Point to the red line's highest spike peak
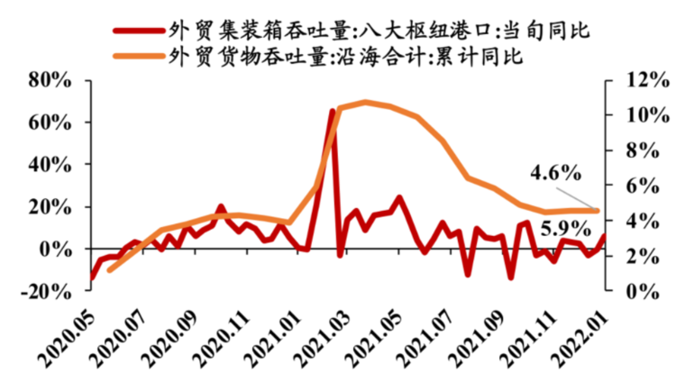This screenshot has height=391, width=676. pos(333,111)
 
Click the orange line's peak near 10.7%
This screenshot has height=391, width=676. pos(365,103)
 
